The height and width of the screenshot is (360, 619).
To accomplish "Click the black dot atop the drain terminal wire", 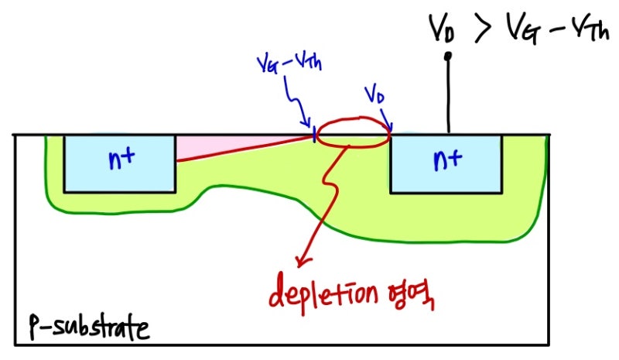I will tap(447, 56).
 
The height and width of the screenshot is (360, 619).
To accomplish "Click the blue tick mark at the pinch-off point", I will tap(315, 135).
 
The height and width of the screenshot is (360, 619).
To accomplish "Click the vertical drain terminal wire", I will tap(447, 97).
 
